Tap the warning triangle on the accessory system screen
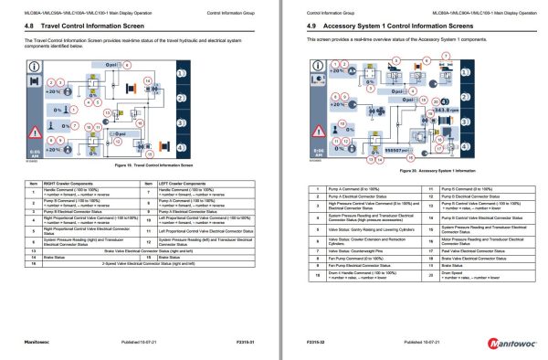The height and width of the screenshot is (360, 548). [309, 125]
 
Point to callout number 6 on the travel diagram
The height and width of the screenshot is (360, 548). [128, 65]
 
